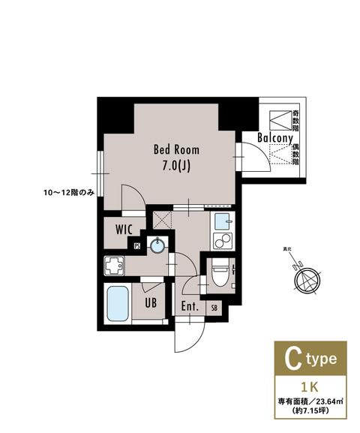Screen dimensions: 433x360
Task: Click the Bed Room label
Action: click(x=175, y=149)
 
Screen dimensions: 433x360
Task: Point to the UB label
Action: click(x=150, y=304)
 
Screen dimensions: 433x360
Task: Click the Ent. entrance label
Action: click(x=189, y=306)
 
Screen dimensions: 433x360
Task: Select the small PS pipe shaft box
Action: click(x=137, y=245)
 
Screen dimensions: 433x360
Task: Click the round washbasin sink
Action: click(x=157, y=245)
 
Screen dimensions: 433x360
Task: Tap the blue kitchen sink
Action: click(x=222, y=223)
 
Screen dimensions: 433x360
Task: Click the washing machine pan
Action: click(x=115, y=266)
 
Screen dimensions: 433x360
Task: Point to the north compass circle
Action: click(x=307, y=282)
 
